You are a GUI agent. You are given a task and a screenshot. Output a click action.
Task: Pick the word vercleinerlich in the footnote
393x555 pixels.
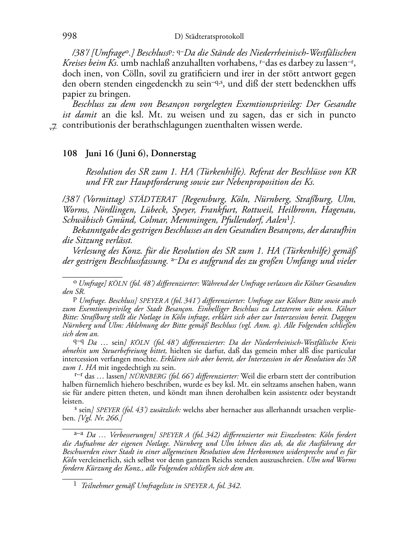(x=106, y=459)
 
